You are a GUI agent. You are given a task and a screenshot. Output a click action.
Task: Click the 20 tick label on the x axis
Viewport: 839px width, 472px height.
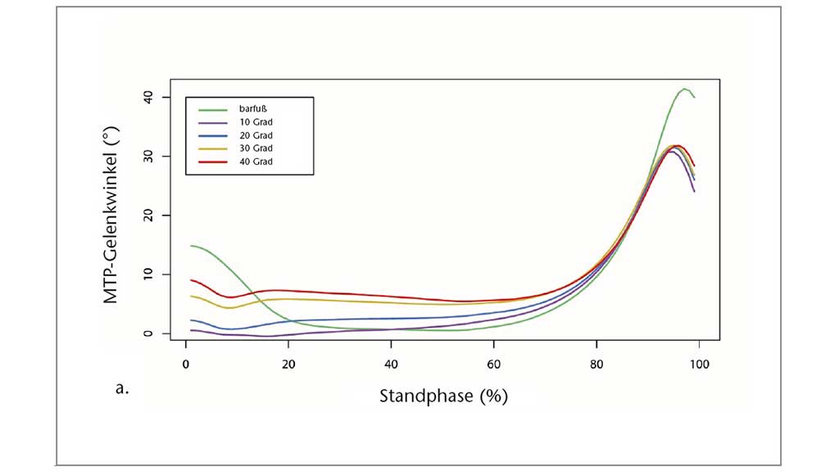[288, 363]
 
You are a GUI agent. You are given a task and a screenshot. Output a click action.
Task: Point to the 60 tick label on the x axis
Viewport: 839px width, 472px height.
[493, 363]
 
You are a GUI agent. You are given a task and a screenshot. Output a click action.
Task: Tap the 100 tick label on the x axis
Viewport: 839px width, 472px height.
[698, 363]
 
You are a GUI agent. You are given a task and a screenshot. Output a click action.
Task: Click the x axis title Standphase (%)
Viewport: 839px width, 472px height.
[443, 396]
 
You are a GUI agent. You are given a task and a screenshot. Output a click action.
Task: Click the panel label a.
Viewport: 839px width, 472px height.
[123, 388]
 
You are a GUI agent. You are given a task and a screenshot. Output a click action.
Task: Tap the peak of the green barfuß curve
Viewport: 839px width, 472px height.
[684, 88]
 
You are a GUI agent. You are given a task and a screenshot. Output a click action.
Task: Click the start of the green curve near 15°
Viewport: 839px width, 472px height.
[191, 246]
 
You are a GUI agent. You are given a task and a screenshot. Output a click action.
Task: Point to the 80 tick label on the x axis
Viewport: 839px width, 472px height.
[596, 363]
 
